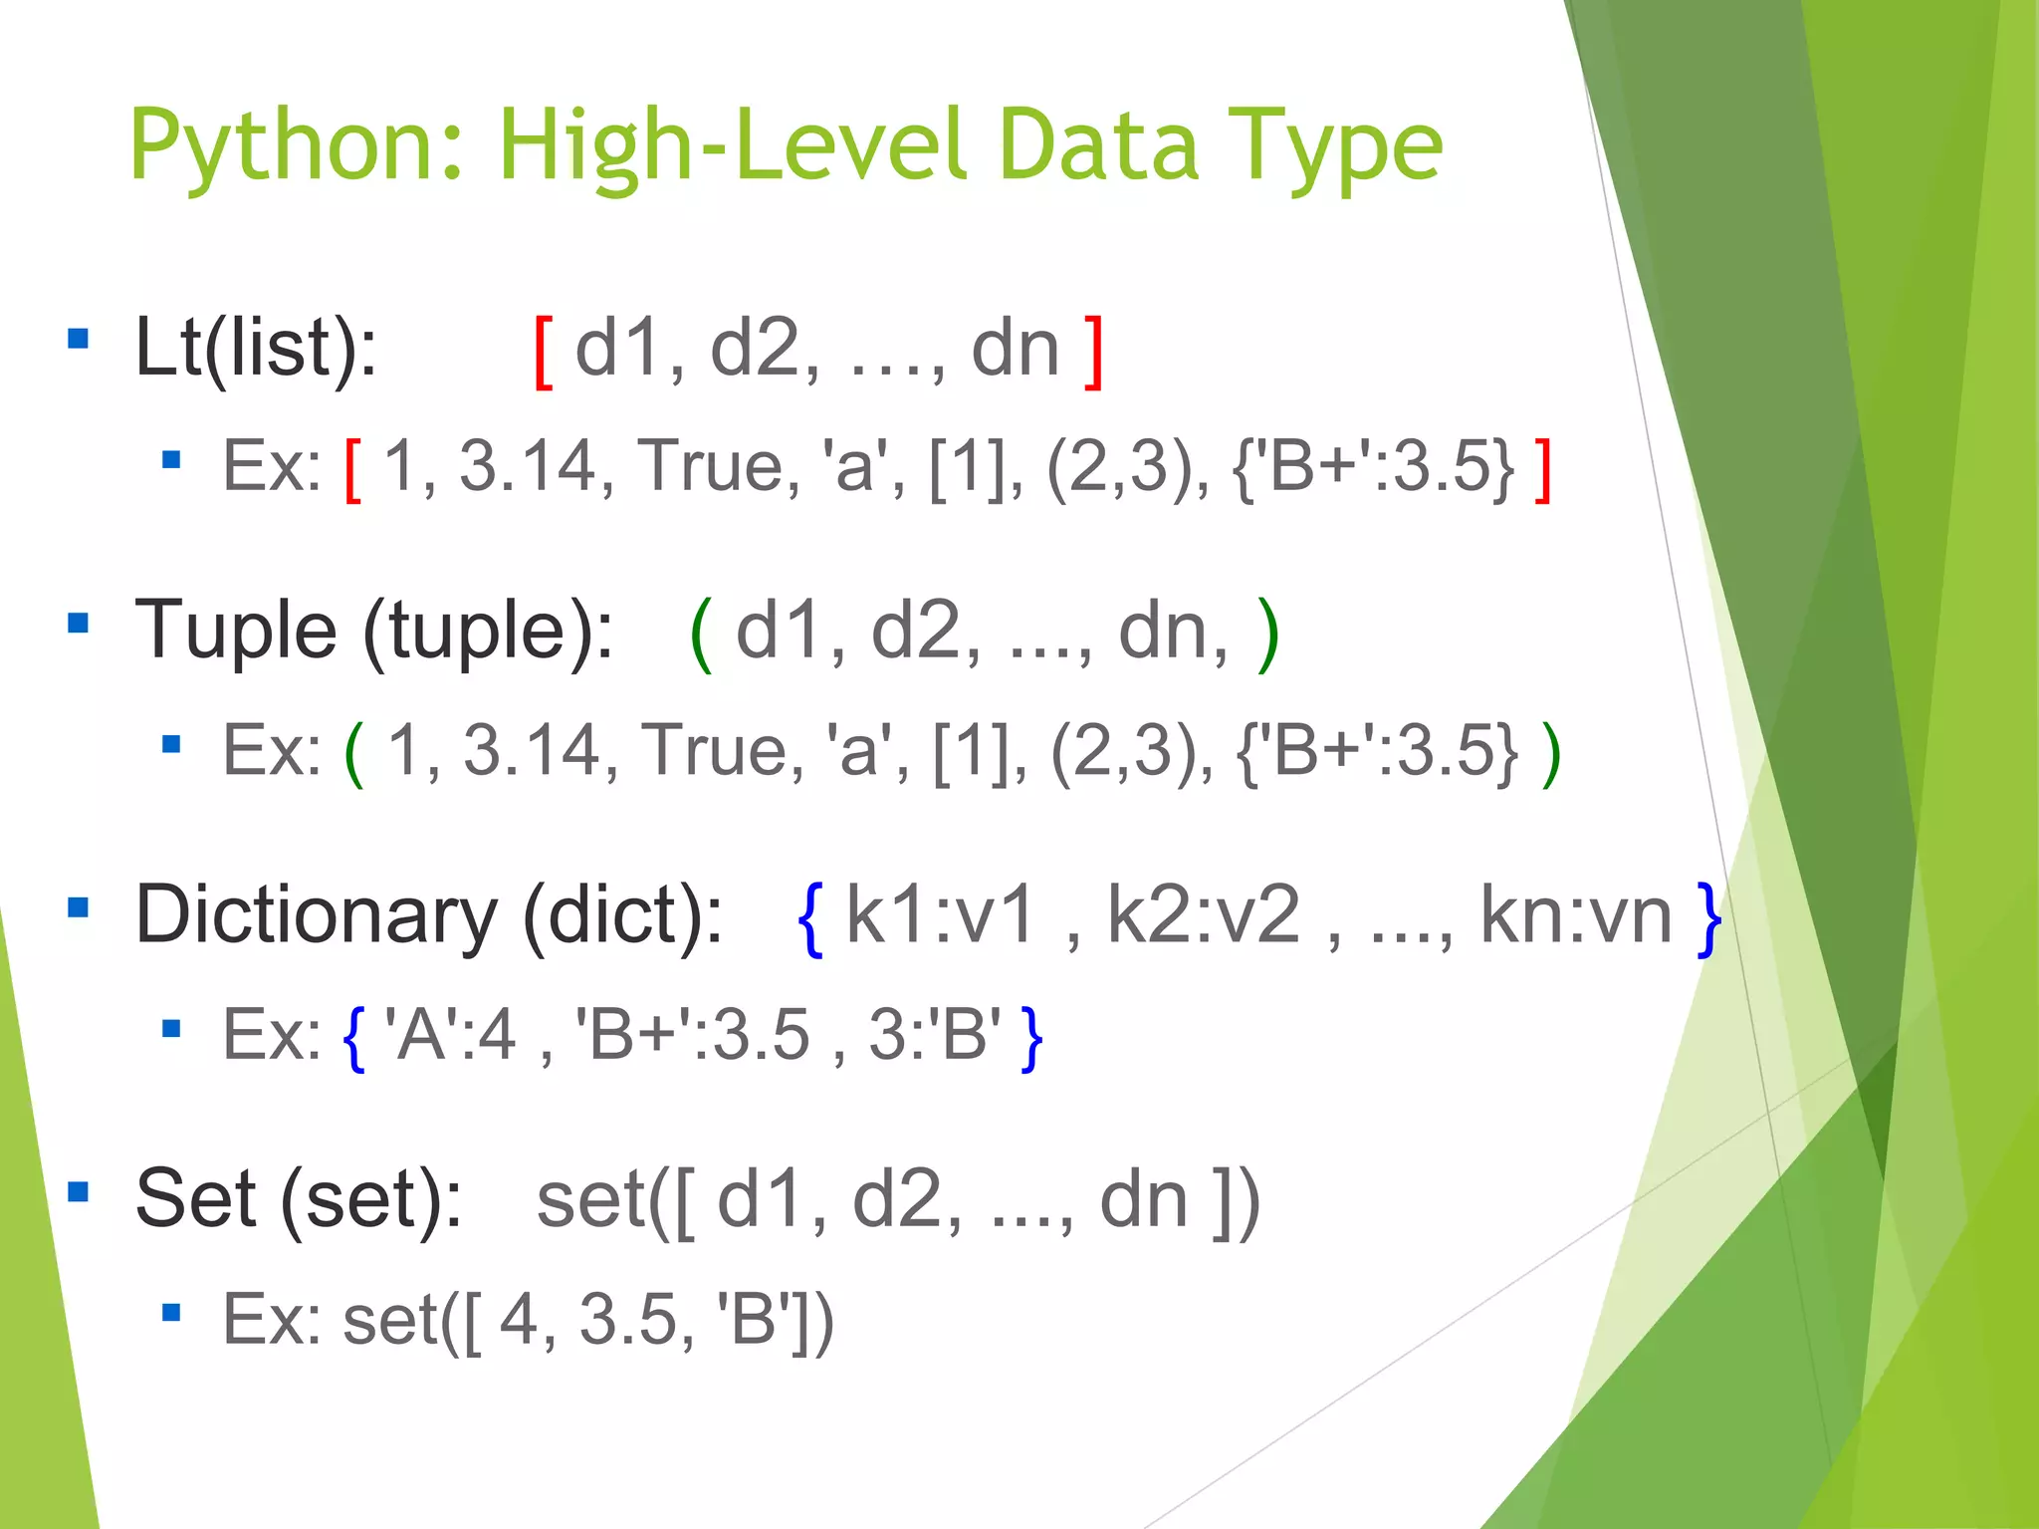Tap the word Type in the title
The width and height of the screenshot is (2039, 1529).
pos(1334,147)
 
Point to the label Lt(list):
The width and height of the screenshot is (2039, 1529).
pos(256,349)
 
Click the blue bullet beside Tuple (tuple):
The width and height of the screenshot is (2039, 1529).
pos(78,624)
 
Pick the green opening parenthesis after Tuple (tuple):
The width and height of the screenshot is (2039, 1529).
pos(701,635)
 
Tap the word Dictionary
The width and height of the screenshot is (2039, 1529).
pos(316,915)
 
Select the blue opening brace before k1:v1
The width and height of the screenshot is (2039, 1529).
pos(810,918)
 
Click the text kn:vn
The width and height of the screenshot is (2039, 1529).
pos(1576,915)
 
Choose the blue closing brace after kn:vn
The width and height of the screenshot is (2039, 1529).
pos(1709,918)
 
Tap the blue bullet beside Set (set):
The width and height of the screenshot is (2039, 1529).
pos(78,1191)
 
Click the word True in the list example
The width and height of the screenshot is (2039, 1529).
pos(716,466)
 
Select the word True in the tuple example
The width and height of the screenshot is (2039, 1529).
pos(720,751)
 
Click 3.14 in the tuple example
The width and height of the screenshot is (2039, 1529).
pos(532,751)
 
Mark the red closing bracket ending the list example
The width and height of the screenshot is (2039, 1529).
pos(1542,470)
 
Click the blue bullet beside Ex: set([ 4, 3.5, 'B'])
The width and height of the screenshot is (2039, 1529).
pos(171,1313)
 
